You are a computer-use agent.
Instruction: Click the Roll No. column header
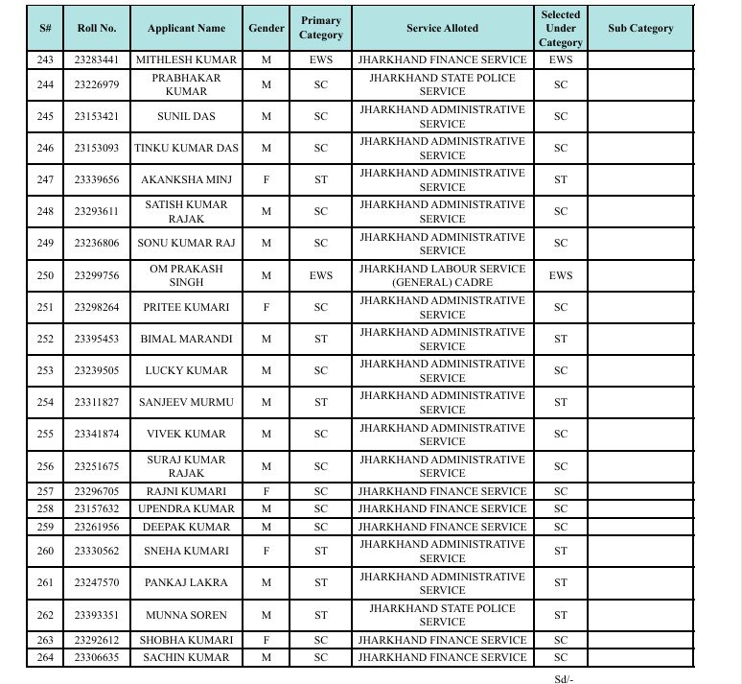(97, 29)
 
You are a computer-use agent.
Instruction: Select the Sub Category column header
(640, 29)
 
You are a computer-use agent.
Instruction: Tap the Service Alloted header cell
(442, 29)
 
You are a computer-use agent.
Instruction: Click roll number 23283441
(97, 60)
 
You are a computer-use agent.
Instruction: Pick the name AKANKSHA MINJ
(186, 180)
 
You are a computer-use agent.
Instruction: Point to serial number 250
(45, 275)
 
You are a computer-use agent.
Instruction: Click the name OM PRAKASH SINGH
(186, 275)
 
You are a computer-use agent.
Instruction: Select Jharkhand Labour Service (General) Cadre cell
(442, 275)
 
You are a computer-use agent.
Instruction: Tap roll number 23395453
(97, 340)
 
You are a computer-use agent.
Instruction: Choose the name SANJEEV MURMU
(186, 403)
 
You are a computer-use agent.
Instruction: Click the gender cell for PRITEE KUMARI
(267, 308)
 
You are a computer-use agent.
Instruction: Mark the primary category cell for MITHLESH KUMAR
(320, 60)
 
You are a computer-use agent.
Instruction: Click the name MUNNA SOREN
(186, 615)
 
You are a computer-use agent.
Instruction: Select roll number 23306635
(97, 657)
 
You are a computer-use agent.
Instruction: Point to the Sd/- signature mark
(564, 679)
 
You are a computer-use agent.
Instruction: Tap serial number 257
(45, 491)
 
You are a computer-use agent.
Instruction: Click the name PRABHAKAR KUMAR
(186, 84)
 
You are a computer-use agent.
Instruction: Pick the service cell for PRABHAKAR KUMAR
(442, 84)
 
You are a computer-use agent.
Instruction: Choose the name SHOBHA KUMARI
(186, 640)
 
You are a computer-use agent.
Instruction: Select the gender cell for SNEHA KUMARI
(267, 552)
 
